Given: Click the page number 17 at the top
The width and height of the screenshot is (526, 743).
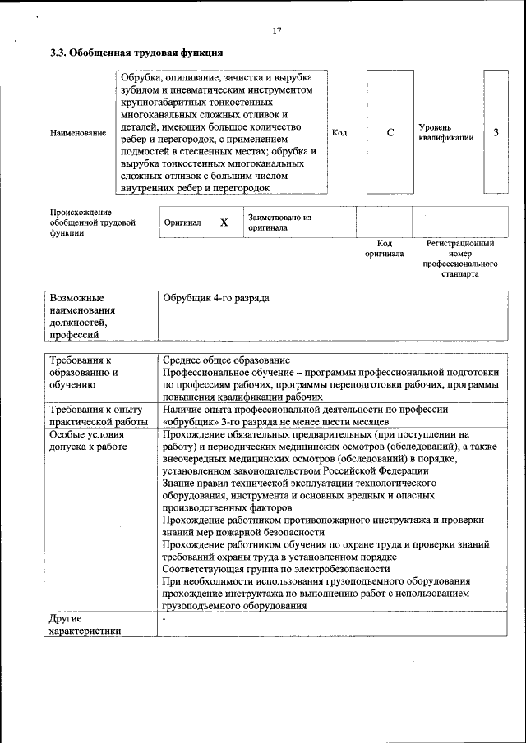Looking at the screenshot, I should [277, 31].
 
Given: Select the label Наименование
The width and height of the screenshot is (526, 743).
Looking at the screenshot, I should [78, 133].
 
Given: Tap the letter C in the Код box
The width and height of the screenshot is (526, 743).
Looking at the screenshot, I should [390, 133].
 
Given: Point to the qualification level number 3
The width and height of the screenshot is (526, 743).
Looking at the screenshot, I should [496, 133].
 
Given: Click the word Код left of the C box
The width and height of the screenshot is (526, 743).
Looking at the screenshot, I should [339, 133].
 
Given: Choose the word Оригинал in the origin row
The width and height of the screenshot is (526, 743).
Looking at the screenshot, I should [182, 222].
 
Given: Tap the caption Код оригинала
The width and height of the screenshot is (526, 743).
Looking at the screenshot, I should [385, 249].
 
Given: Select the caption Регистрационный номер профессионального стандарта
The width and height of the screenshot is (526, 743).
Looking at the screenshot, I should [460, 259].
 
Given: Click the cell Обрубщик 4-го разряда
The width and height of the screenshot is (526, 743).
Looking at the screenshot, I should [216, 298].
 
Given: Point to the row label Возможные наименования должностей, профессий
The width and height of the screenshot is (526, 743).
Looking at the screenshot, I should [82, 316].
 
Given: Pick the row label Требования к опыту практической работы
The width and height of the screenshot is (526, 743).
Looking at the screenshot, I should [96, 415].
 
